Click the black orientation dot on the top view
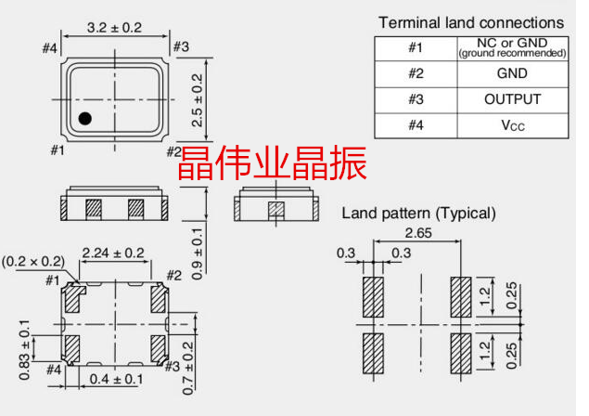[x=84, y=118]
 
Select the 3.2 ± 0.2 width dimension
[x=113, y=28]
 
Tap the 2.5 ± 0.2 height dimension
[x=197, y=98]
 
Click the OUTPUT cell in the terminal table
[x=512, y=99]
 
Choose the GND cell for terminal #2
[x=512, y=73]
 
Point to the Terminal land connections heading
[x=470, y=21]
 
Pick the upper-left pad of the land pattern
[x=373, y=297]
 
